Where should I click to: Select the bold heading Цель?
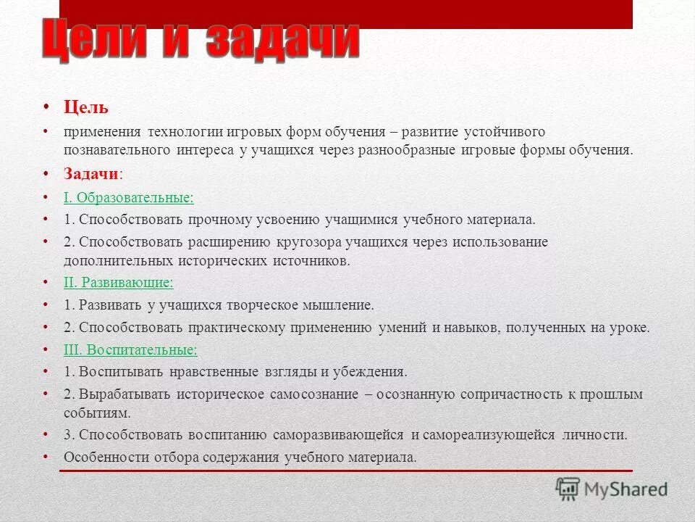tap(86, 108)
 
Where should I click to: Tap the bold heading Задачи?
tap(91, 174)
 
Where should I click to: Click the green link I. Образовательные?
tap(128, 197)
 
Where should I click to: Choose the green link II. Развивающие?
tap(119, 283)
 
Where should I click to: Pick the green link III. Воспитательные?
tap(130, 349)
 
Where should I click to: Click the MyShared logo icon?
tap(568, 489)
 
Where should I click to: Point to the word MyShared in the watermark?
tap(626, 489)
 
